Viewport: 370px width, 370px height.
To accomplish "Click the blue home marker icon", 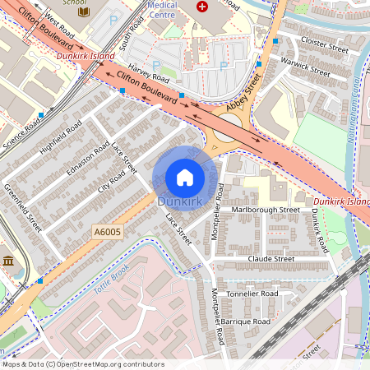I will [x=185, y=178].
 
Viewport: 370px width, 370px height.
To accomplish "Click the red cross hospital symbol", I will [x=201, y=6].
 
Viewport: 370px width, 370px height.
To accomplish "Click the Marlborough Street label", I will [x=266, y=210].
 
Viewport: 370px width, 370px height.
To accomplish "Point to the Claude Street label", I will [x=271, y=258].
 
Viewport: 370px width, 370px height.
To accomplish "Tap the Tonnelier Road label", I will [x=252, y=293].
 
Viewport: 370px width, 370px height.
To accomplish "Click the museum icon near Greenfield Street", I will [x=9, y=261].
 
